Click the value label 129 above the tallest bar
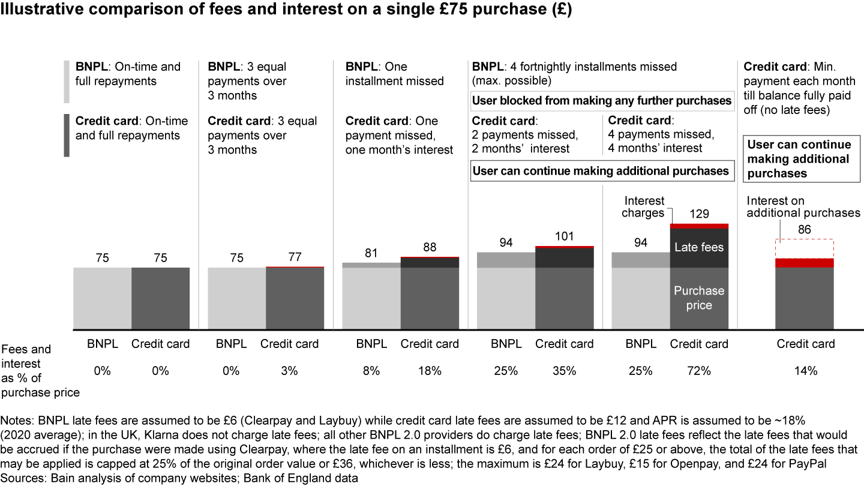point(699,214)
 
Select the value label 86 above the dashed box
point(805,229)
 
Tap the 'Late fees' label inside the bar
point(699,247)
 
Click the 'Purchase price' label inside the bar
point(699,298)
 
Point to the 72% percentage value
point(699,371)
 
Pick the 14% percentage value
point(805,371)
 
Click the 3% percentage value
point(289,371)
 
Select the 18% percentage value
point(430,371)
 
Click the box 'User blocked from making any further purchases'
point(602,101)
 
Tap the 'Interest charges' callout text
point(643,207)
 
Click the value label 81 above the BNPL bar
point(371,253)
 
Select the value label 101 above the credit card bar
point(565,236)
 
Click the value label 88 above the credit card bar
point(430,247)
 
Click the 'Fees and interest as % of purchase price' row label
point(40,371)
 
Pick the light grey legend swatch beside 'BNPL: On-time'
point(66,82)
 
